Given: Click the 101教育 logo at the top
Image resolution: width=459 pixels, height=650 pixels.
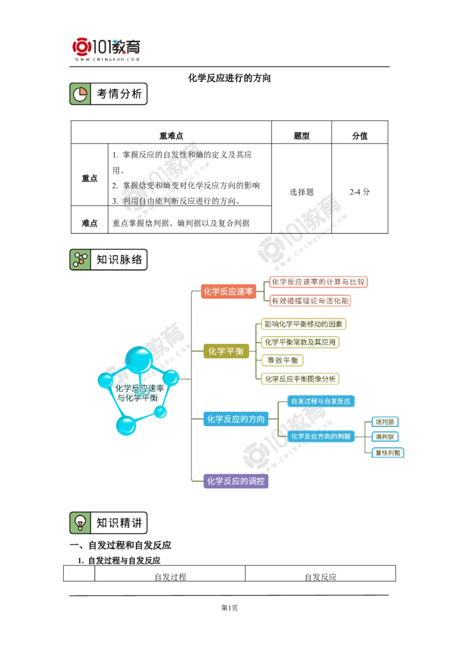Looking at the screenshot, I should (107, 49).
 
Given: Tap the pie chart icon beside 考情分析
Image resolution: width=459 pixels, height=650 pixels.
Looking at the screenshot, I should (80, 94).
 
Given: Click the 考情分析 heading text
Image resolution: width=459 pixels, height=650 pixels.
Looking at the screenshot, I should (119, 94).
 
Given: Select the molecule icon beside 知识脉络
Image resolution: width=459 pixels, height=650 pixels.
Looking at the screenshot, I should (80, 260).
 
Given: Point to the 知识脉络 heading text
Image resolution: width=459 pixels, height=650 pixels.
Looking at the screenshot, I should (119, 260).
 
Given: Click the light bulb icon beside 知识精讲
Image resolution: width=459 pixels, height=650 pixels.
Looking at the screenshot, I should (80, 523).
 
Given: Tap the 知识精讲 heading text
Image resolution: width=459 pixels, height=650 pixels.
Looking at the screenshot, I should (119, 523).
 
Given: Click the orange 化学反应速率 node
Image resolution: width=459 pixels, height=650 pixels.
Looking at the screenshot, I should (228, 292).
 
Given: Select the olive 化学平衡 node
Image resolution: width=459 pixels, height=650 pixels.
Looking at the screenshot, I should (226, 351).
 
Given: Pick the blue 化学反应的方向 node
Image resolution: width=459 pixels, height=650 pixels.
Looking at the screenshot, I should (236, 419).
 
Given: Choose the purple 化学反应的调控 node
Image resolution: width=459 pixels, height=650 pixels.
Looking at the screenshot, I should (236, 481).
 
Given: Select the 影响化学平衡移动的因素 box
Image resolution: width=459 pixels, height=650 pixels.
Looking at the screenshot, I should (304, 324).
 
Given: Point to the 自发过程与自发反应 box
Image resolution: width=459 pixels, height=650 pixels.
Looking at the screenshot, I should (321, 401).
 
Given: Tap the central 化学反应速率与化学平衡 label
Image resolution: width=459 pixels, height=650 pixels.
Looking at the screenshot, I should (139, 393).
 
